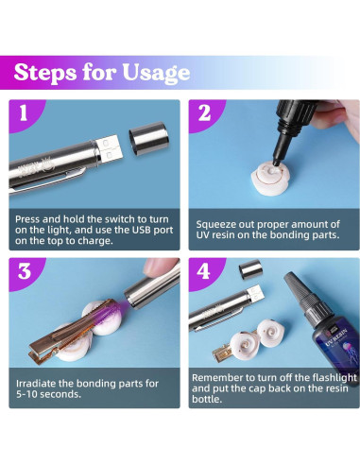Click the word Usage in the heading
(156, 74)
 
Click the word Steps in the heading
(45, 72)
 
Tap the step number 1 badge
(24, 112)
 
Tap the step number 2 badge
(204, 112)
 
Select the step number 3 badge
(25, 271)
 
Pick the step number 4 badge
(204, 271)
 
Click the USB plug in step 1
(110, 148)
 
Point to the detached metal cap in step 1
(149, 139)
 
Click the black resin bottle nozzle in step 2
(282, 148)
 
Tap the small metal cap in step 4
(249, 268)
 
